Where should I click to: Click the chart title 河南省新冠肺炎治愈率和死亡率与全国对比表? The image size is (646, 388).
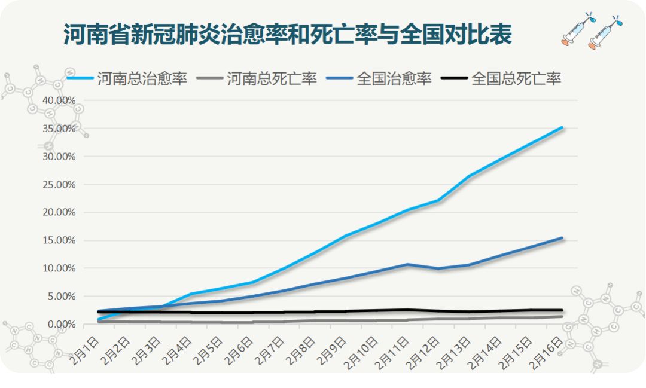pos(287,35)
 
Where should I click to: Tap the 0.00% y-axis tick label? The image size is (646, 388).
pos(61,324)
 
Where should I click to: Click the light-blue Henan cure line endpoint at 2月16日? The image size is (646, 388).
pos(562,127)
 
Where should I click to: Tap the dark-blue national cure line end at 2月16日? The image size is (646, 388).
pos(562,238)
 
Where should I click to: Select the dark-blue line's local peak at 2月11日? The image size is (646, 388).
pos(407,264)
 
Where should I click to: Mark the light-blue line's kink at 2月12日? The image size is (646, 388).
pos(438,200)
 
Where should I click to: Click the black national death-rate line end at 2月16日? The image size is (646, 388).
pos(562,310)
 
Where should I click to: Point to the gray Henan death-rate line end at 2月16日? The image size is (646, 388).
pos(562,316)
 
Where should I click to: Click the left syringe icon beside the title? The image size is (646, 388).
pos(575,30)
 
